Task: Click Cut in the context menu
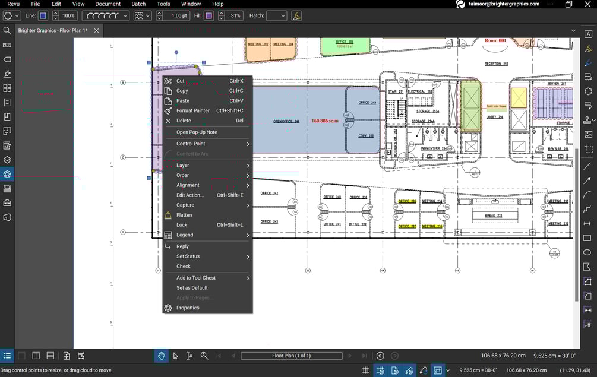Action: pos(181,81)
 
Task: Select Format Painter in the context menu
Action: pos(192,110)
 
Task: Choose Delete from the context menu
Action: pos(184,121)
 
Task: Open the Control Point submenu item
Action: pos(191,144)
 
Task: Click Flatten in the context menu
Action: pos(184,215)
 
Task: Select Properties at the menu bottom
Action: pos(188,308)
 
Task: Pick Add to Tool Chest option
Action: pos(196,278)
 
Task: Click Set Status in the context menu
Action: pos(188,256)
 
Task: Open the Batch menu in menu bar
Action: pos(138,4)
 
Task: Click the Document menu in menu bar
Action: pos(108,4)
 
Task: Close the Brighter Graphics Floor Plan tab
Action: pos(96,30)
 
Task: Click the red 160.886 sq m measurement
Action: pos(325,121)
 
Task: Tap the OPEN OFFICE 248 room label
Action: pos(286,121)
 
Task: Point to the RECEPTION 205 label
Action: pos(496,64)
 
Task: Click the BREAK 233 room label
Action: pos(494,216)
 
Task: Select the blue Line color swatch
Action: pos(43,15)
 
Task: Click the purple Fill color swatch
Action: pos(209,15)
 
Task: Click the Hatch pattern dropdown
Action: pos(276,15)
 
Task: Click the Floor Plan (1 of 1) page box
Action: pos(291,356)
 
